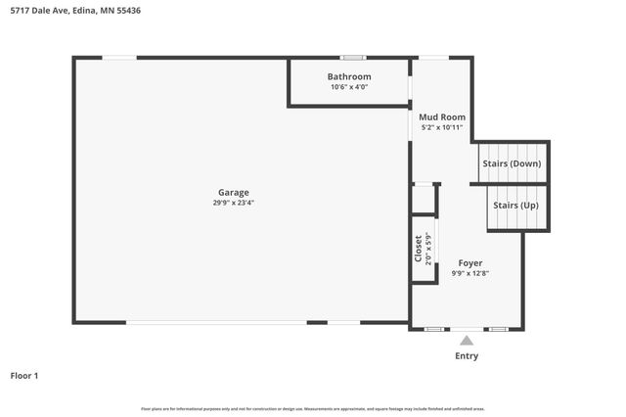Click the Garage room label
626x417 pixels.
[233, 192]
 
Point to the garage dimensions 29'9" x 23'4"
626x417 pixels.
[233, 203]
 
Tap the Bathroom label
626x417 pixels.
[349, 76]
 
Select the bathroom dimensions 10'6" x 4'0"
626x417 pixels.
[349, 87]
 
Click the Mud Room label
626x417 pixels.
[442, 117]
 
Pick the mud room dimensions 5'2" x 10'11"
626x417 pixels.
[442, 128]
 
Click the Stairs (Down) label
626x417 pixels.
[512, 163]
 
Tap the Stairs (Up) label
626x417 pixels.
[515, 206]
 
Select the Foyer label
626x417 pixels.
[471, 263]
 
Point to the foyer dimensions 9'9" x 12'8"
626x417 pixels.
[471, 274]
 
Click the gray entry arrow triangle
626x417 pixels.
[467, 341]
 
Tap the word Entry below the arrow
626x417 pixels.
[467, 355]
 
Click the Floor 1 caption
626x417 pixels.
[24, 375]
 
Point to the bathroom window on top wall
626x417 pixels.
[353, 58]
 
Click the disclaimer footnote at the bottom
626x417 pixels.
[312, 408]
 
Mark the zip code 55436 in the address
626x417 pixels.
[127, 11]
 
